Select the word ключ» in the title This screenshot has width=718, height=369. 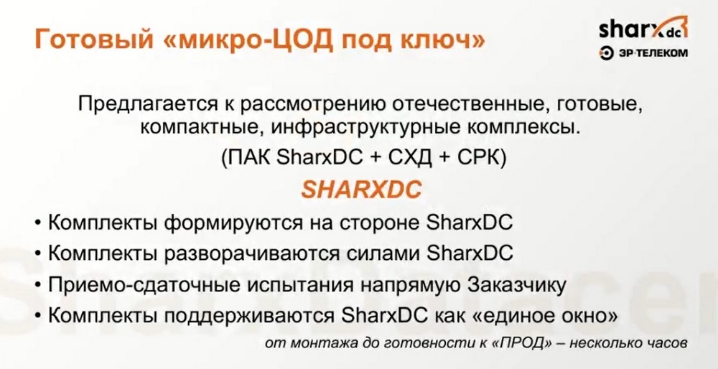click(x=444, y=40)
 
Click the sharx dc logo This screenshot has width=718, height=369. click(x=643, y=29)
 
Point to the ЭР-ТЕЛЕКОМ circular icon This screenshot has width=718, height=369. click(x=605, y=54)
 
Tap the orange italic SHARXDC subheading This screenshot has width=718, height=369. click(x=362, y=190)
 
